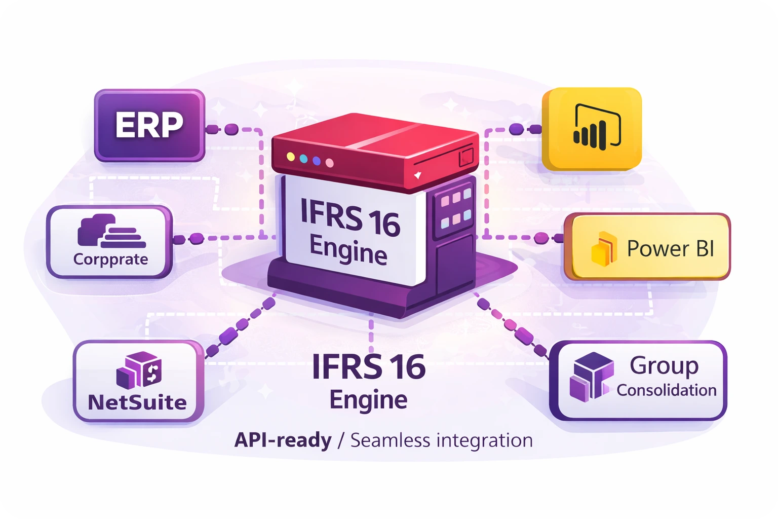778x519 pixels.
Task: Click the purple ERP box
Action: [149, 125]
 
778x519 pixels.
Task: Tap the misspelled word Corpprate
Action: [110, 259]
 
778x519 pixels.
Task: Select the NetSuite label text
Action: [137, 402]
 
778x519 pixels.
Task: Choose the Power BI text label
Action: [670, 248]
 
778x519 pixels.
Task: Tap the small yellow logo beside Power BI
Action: [604, 249]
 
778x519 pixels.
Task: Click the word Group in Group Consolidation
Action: [664, 366]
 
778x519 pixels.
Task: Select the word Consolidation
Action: [666, 390]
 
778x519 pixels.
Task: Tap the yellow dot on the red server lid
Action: [290, 157]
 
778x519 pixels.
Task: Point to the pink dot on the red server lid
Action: [330, 163]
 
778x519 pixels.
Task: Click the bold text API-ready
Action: [283, 440]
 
